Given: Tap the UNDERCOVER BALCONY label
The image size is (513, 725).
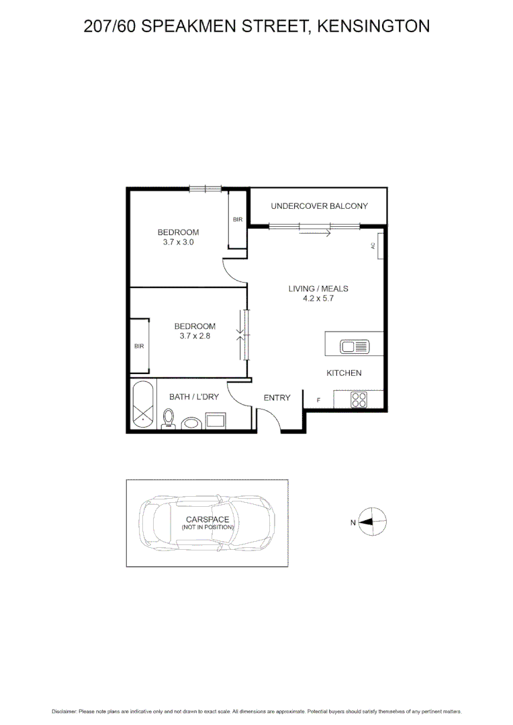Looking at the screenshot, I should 319,206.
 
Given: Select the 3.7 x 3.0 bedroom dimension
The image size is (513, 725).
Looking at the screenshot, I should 178,242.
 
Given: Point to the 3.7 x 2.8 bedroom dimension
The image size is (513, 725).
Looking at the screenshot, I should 195,336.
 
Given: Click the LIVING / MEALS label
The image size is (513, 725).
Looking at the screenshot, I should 318,289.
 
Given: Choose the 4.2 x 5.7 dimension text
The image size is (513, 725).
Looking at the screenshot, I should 318,299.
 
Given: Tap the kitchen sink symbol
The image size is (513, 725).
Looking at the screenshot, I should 355,347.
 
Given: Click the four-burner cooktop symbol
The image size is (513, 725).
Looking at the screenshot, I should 359,399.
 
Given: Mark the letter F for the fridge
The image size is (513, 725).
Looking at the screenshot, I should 319,401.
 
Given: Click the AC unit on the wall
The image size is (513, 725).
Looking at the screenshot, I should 379,246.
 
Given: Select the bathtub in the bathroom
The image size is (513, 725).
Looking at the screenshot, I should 142,405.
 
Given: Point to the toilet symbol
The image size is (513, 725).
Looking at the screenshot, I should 169,419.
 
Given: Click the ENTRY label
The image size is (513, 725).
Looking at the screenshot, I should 277,397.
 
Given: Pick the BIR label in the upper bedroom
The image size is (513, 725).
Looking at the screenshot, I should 237,220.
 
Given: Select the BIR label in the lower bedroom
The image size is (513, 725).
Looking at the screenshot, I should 139,346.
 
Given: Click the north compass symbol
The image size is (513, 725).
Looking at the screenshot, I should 372,522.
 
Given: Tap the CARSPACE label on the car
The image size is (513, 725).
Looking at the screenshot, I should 207,520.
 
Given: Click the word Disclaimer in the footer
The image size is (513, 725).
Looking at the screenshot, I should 64,711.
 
